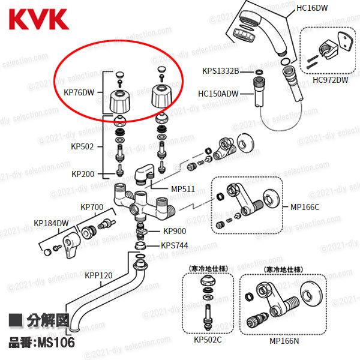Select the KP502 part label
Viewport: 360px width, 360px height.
82,146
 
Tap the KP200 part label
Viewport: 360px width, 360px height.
82,174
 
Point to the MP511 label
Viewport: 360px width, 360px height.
183,189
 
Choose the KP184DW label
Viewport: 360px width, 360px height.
51,223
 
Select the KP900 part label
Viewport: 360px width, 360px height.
175,231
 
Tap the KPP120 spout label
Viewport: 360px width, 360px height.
98,275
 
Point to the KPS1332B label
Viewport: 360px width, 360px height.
220,71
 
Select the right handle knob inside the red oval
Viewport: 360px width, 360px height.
161,96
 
